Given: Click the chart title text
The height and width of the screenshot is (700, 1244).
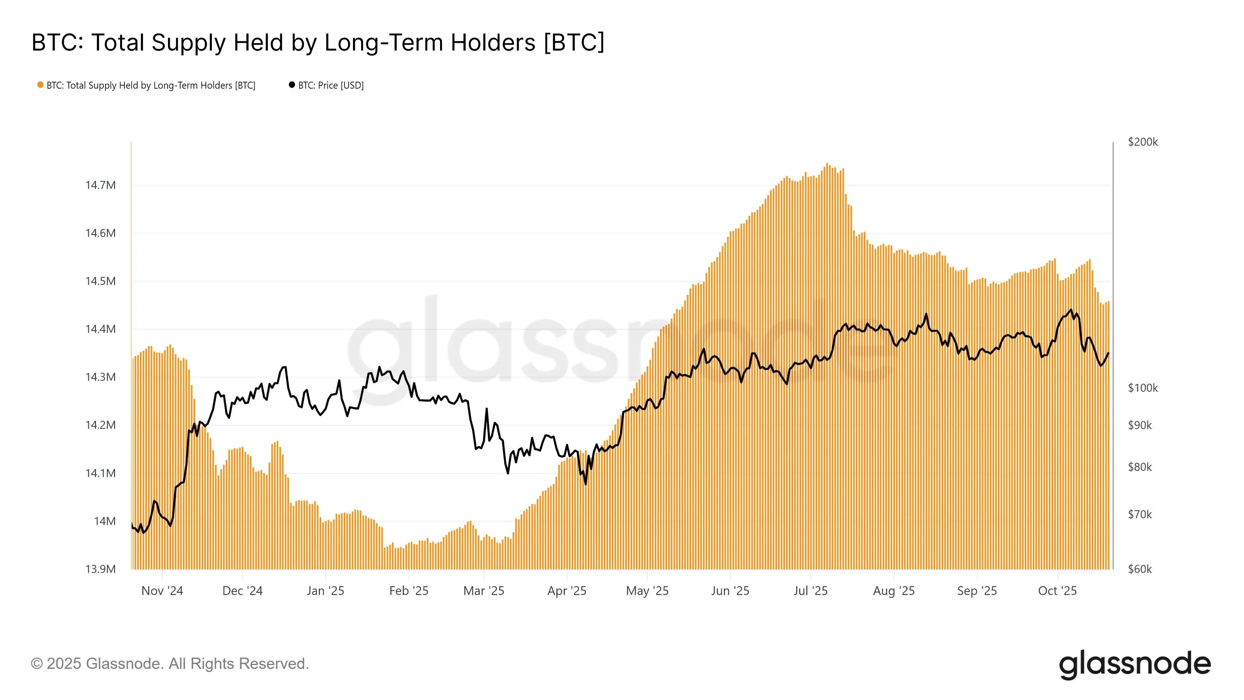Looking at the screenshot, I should click(318, 42).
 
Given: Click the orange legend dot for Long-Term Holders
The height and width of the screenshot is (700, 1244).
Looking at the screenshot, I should click(40, 85).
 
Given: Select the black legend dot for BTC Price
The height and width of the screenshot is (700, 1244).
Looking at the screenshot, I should click(292, 85).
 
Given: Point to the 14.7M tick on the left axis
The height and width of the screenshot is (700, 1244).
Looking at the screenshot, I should click(100, 185).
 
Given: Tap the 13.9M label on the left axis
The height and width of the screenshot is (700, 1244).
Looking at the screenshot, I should click(100, 569).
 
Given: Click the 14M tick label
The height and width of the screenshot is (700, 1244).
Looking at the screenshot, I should click(105, 521).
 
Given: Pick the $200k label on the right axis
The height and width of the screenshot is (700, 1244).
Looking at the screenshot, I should click(1143, 142).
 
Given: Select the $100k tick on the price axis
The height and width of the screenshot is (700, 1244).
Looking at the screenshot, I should click(1143, 388).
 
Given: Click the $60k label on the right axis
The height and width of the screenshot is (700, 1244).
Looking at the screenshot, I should click(1140, 569).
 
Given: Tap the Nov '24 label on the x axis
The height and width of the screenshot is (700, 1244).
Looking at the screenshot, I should click(162, 591).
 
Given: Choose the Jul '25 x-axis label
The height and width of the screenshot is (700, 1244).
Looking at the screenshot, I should click(810, 591).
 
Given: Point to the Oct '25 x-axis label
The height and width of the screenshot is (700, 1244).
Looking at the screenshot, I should click(1057, 591).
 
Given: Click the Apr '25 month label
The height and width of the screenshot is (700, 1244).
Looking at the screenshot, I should click(566, 591).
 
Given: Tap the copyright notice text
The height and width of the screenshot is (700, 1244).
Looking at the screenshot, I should click(169, 664).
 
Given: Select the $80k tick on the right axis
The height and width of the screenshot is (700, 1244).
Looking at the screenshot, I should click(1140, 467).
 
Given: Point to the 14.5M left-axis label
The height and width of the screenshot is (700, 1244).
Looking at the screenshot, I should click(100, 281).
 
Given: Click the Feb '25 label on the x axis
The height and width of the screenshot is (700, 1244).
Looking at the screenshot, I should click(409, 591).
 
